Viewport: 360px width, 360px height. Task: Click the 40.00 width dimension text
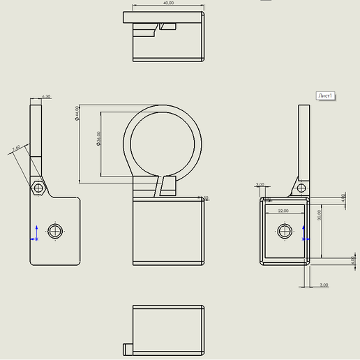coord(167,3)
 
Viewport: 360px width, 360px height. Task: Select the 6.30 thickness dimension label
coord(46,96)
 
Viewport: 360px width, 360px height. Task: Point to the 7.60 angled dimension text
coord(16,149)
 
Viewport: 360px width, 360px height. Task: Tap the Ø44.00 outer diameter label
coord(77,114)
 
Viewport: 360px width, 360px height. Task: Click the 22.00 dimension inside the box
coord(283,210)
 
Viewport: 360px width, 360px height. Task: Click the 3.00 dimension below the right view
coord(324,285)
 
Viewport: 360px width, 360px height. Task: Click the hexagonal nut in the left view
coord(38,187)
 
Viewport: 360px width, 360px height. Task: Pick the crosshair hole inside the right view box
coord(285,231)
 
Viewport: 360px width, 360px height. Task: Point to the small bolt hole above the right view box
coord(301,187)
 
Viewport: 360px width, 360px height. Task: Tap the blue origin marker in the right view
coord(303,235)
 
